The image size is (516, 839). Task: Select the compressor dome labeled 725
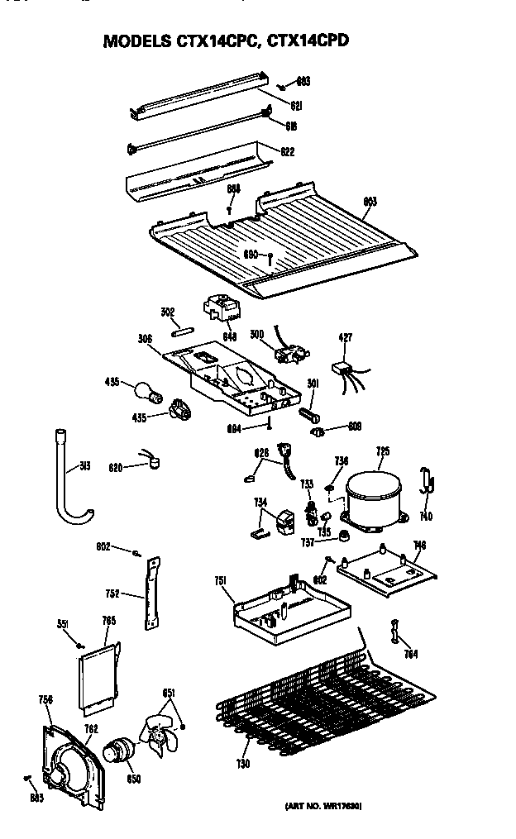tap(372, 501)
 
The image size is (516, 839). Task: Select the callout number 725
tap(383, 451)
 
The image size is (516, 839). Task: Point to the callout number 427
tap(346, 336)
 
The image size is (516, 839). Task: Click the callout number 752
tap(113, 593)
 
